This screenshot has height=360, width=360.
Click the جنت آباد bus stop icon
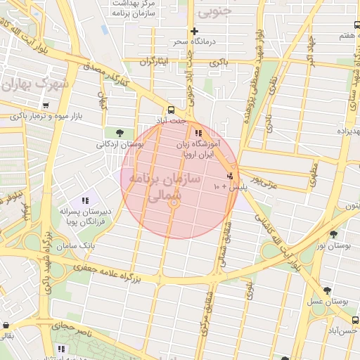coord(171,110)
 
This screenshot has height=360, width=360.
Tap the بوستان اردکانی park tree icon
coord(120,132)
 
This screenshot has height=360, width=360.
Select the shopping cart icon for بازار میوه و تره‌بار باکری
coord(46,105)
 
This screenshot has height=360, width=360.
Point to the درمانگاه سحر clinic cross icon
coord(195,32)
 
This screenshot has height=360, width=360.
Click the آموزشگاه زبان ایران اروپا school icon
coord(198,132)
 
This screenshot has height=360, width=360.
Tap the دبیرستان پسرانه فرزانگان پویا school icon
coord(85,202)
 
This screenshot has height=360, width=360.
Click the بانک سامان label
coord(77,246)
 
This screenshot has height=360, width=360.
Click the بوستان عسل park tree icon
coord(327,290)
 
